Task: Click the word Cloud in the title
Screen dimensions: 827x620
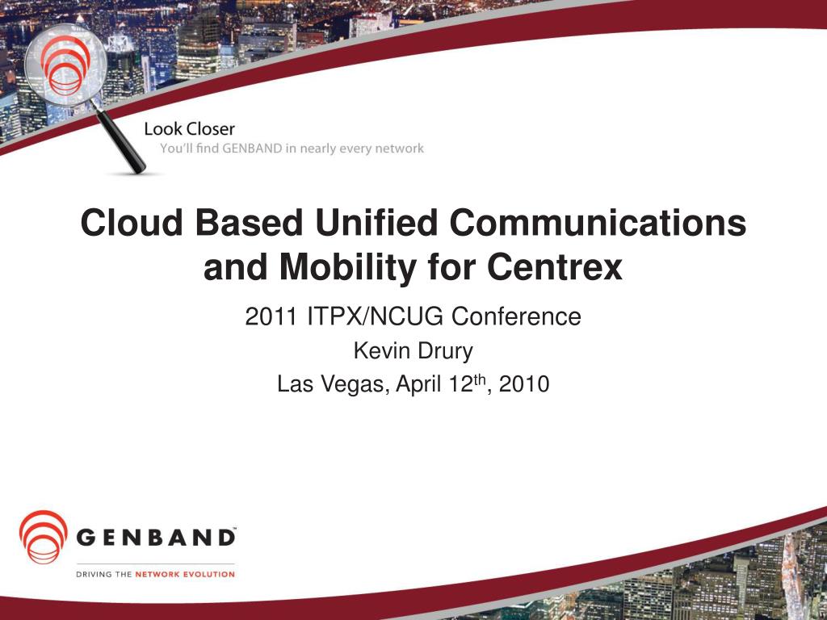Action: point(132,223)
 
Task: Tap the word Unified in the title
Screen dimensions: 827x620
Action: point(376,223)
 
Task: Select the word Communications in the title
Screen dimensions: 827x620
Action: point(598,223)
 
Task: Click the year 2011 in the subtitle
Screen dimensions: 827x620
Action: point(271,316)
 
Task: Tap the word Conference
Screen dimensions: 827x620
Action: point(516,316)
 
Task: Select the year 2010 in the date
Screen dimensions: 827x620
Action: point(524,384)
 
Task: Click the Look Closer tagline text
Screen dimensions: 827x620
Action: point(189,129)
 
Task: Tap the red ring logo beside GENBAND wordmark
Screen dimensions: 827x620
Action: point(44,537)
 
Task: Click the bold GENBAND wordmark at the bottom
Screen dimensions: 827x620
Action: point(156,538)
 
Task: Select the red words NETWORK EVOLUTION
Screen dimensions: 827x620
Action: point(185,574)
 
